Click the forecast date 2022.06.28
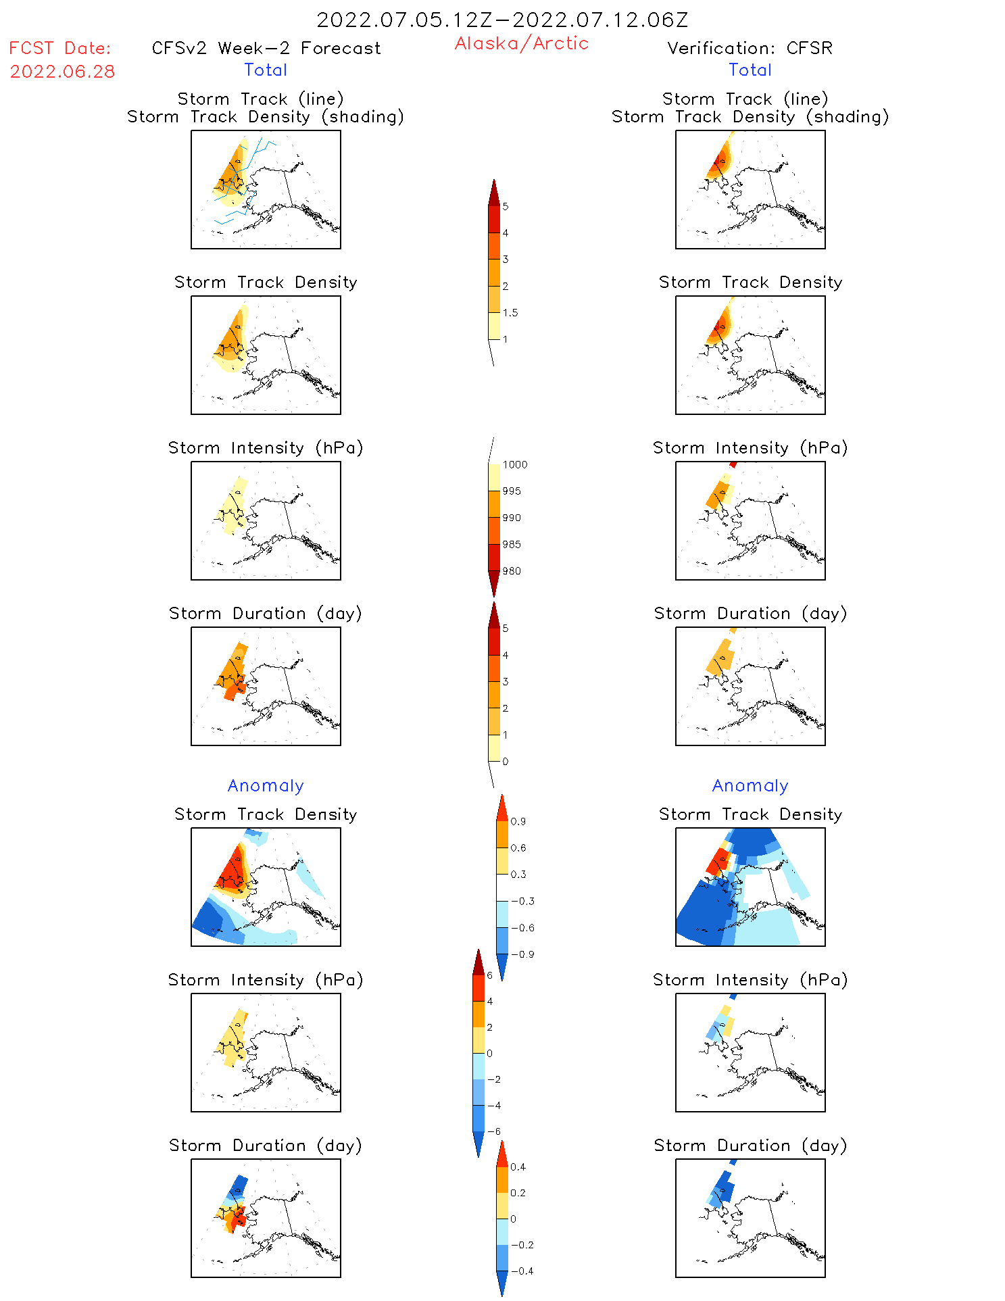pyautogui.click(x=62, y=72)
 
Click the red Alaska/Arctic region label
pyautogui.click(x=521, y=43)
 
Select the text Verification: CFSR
pyautogui.click(x=750, y=48)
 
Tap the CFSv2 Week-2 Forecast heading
pyautogui.click(x=266, y=48)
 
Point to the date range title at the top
pyautogui.click(x=502, y=20)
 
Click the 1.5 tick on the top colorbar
pyautogui.click(x=510, y=313)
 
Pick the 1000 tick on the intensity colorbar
pyautogui.click(x=514, y=465)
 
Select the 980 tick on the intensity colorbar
pyautogui.click(x=512, y=571)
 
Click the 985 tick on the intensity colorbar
pyautogui.click(x=512, y=545)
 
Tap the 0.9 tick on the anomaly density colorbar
pyautogui.click(x=518, y=822)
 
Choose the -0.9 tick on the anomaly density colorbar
pyautogui.click(x=522, y=954)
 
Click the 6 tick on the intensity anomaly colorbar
pyautogui.click(x=489, y=975)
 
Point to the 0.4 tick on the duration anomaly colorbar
pyautogui.click(x=518, y=1167)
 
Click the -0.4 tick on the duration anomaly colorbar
pyautogui.click(x=522, y=1271)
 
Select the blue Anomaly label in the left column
pyautogui.click(x=266, y=785)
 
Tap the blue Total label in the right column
pyautogui.click(x=750, y=70)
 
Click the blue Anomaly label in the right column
pyautogui.click(x=750, y=785)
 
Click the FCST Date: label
pyautogui.click(x=59, y=48)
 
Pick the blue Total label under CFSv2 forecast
pyautogui.click(x=266, y=70)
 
